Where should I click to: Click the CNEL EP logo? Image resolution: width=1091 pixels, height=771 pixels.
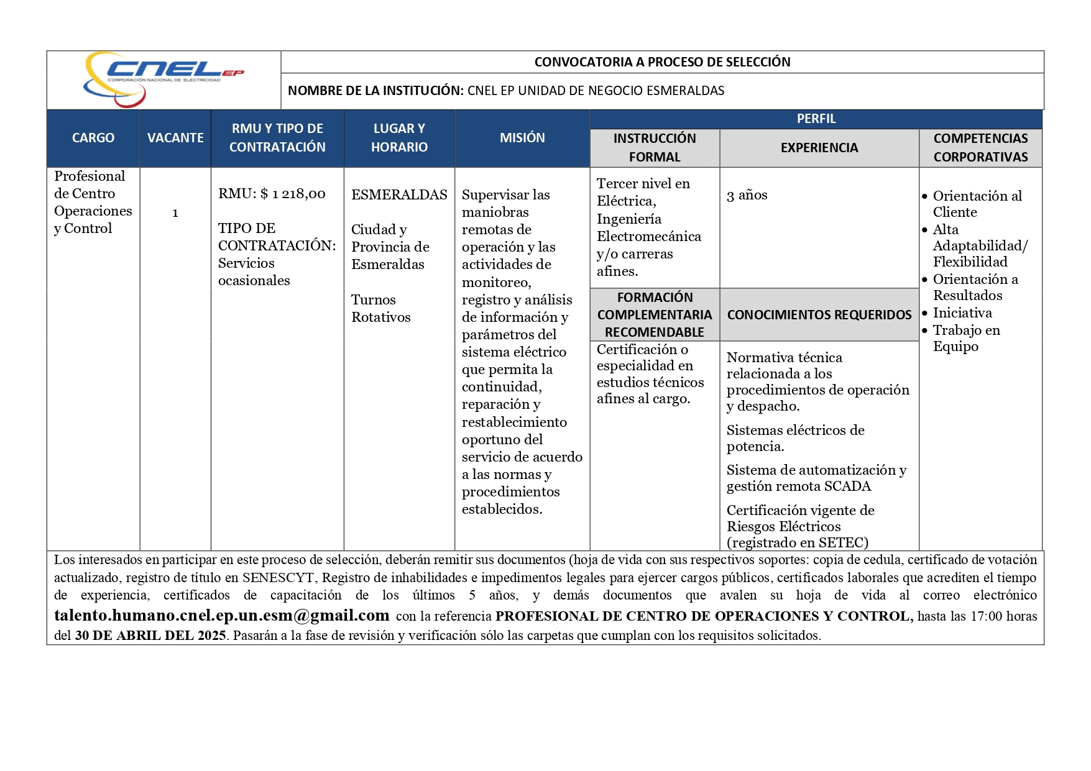(163, 79)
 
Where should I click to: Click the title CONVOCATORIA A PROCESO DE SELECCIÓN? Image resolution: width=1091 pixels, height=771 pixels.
(662, 62)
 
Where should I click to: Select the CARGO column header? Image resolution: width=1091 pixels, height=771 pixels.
(93, 138)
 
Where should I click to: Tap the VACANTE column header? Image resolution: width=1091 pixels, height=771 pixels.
(175, 138)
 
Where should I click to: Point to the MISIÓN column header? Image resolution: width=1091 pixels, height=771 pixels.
(522, 138)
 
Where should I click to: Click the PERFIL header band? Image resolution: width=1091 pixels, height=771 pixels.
(816, 119)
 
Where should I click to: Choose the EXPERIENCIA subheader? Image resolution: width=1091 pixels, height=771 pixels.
(819, 148)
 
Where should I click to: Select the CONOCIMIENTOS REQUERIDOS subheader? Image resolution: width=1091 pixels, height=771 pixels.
(819, 315)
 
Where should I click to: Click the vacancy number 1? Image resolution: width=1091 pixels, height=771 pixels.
(175, 213)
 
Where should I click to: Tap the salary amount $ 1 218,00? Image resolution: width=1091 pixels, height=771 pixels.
(293, 194)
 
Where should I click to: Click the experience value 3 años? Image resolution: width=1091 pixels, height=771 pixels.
(747, 195)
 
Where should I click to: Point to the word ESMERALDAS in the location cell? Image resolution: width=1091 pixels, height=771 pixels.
(399, 195)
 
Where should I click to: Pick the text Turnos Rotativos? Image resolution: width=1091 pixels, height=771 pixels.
(380, 308)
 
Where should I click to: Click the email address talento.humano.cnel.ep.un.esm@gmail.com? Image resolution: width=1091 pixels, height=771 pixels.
(222, 616)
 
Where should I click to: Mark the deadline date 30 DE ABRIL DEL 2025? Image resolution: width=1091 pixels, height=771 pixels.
(150, 636)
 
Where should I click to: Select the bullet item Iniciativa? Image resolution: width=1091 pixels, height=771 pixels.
(962, 313)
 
